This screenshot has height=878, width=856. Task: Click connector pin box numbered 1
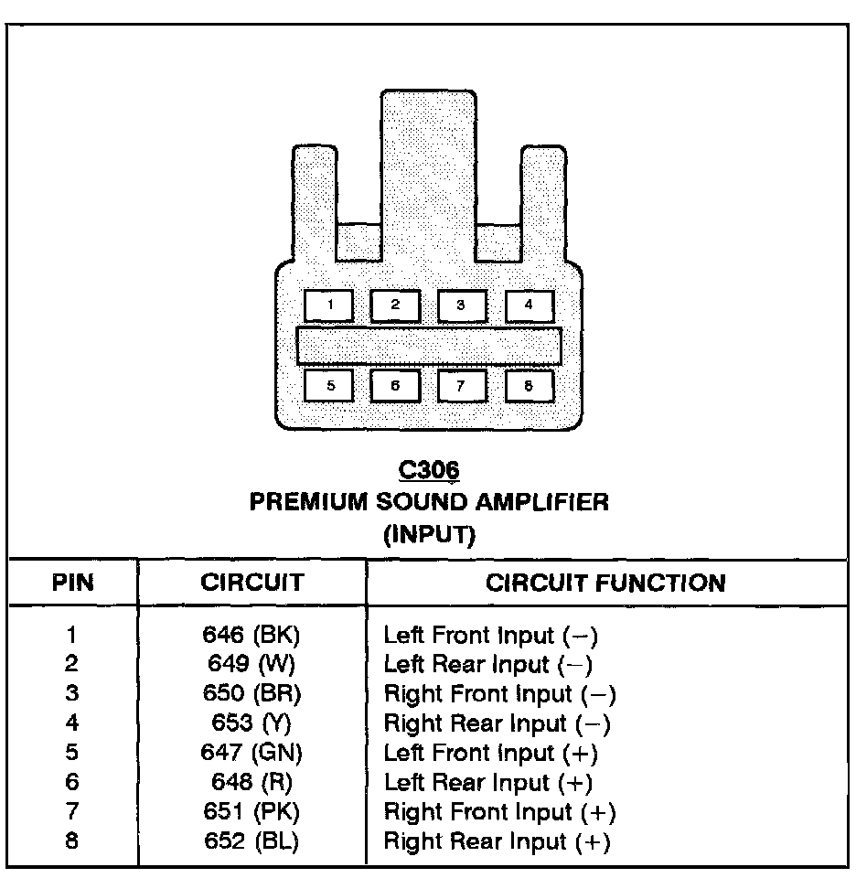click(328, 305)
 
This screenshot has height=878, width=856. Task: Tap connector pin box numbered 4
click(528, 305)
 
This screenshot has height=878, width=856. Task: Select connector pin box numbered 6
click(395, 386)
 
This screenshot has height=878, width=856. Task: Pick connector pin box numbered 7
click(461, 386)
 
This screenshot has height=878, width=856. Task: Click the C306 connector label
click(429, 470)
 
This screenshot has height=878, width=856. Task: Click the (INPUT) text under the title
click(429, 535)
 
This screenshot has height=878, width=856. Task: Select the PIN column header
click(73, 583)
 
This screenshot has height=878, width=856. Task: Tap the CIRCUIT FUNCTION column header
click(605, 583)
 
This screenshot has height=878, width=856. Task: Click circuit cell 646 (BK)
click(253, 635)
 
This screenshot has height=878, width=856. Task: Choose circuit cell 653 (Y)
click(253, 723)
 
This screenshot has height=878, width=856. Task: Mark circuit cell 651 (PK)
click(253, 811)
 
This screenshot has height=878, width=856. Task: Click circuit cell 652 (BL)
click(253, 841)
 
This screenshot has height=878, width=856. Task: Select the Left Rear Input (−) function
click(488, 665)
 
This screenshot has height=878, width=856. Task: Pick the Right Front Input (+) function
click(499, 811)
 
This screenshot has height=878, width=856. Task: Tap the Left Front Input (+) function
click(490, 753)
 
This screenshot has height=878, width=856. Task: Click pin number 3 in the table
click(72, 694)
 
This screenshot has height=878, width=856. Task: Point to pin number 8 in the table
click(72, 841)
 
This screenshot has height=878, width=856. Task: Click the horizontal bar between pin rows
click(429, 346)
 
